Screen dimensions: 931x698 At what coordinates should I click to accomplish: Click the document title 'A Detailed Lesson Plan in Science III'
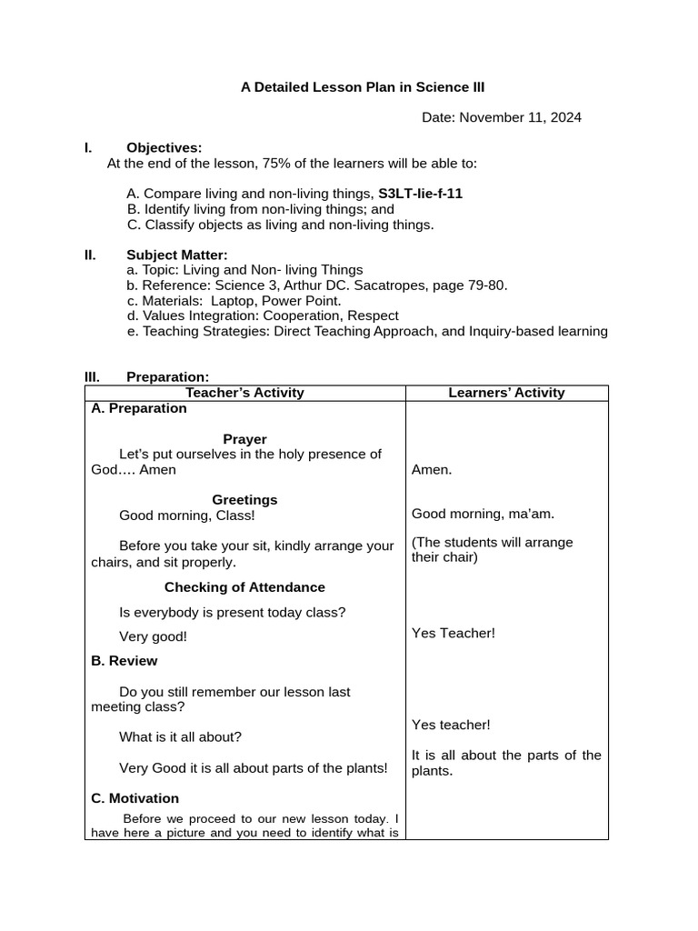363,87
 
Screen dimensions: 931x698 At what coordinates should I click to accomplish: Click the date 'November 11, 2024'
521,117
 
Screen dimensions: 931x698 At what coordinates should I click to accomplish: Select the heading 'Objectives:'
164,147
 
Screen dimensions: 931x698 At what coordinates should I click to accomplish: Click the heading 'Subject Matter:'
176,255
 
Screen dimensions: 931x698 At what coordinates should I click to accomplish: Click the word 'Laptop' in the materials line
234,300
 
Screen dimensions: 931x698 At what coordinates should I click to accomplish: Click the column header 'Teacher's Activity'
244,393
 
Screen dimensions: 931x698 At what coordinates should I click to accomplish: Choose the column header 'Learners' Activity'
506,393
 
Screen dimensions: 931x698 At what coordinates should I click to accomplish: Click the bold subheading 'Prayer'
244,439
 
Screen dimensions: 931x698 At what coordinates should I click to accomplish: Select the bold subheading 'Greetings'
244,500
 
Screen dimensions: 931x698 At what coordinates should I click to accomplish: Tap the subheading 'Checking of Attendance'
244,587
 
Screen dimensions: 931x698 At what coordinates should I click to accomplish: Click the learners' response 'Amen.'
432,470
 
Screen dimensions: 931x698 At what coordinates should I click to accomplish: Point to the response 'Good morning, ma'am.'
483,514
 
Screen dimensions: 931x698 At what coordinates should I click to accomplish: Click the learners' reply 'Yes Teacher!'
454,633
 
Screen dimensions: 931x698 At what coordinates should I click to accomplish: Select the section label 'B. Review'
125,661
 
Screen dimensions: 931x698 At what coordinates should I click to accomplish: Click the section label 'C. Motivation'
135,798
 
